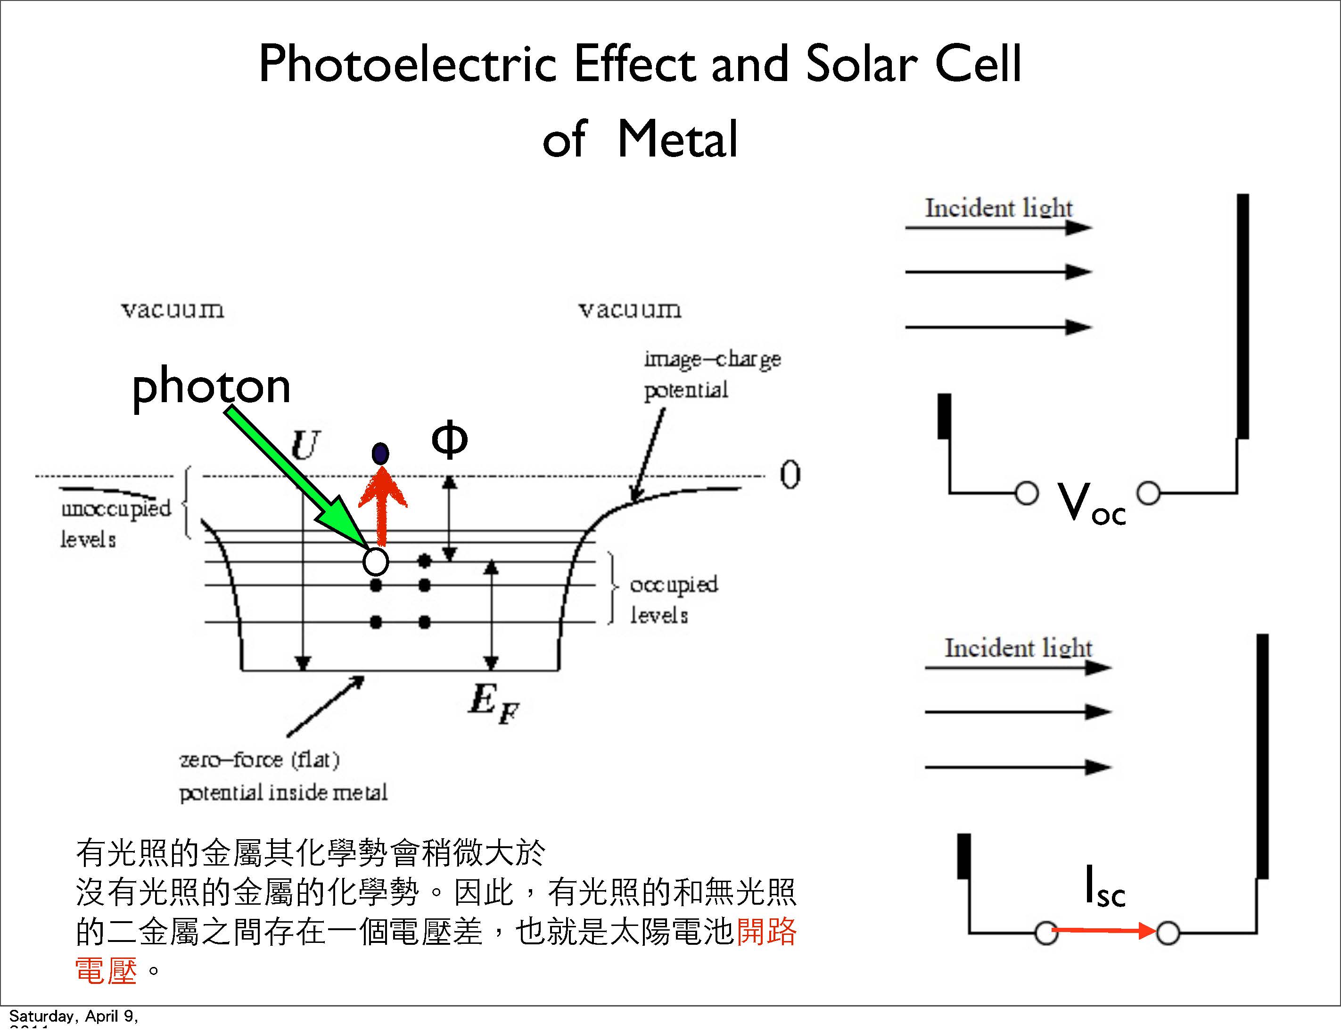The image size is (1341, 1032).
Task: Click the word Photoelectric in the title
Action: pyautogui.click(x=408, y=64)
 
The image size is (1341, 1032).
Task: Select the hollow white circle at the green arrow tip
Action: pyautogui.click(x=376, y=561)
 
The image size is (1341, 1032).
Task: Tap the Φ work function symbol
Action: pyautogui.click(x=450, y=439)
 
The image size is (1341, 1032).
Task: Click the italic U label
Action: pyautogui.click(x=305, y=444)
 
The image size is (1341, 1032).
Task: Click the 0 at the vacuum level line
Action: pyautogui.click(x=790, y=475)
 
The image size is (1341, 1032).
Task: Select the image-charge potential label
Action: pyautogui.click(x=711, y=373)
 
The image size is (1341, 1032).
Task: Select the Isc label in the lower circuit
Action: pyautogui.click(x=1104, y=886)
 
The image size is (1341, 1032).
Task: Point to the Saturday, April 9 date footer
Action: pyautogui.click(x=74, y=1016)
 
